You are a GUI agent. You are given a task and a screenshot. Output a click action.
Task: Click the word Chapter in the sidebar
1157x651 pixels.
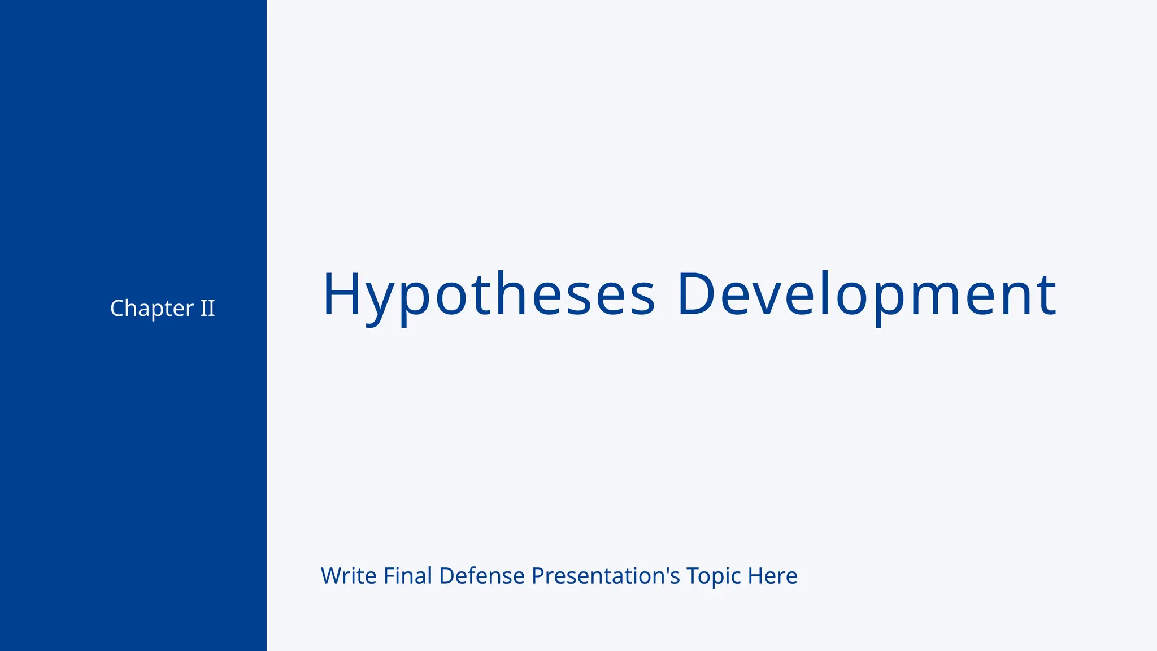click(x=151, y=309)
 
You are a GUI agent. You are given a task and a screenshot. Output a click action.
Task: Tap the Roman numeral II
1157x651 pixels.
click(x=207, y=309)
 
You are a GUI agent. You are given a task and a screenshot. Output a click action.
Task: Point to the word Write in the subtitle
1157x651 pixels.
click(x=349, y=576)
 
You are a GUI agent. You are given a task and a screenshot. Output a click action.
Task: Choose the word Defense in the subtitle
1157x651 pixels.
click(x=482, y=576)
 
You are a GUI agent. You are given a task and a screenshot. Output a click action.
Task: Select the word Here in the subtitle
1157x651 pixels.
click(x=772, y=576)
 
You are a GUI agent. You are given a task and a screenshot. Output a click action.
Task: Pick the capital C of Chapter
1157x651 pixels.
click(x=118, y=309)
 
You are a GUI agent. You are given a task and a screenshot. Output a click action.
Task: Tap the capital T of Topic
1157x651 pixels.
click(x=693, y=576)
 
